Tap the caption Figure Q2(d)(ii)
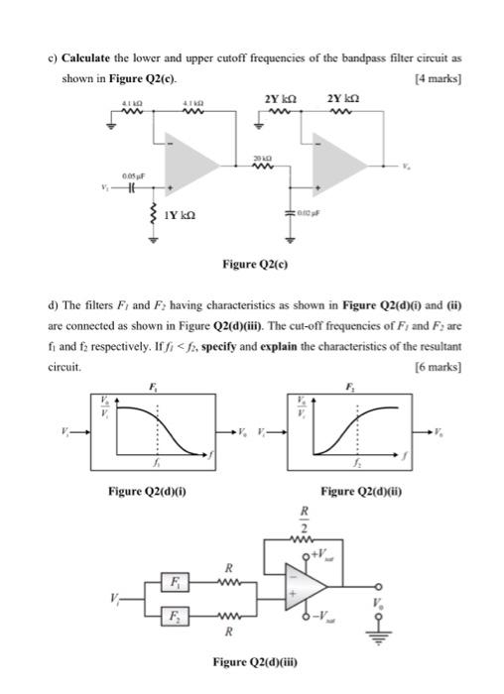point(358,490)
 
